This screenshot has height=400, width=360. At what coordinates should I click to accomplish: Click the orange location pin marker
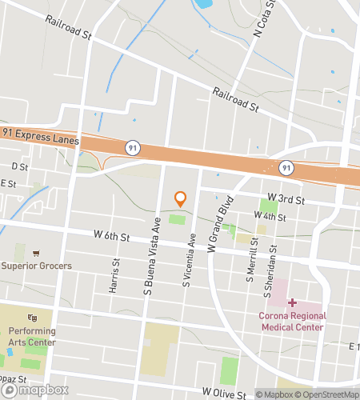click(180, 198)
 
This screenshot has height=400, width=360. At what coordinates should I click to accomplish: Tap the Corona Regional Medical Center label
click(291, 321)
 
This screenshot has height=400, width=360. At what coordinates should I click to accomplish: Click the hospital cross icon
click(292, 302)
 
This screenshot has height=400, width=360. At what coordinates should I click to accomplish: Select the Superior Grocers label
click(36, 266)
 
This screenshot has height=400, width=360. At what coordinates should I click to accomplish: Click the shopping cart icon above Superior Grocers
click(36, 253)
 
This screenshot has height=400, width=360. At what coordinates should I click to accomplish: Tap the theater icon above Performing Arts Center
click(33, 318)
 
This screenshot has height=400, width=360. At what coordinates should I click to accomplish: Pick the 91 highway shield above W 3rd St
click(284, 167)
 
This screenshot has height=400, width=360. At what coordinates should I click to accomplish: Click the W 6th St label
click(110, 235)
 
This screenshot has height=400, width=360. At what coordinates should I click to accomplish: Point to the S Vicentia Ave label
click(190, 260)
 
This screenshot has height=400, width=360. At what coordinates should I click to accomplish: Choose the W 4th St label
click(270, 216)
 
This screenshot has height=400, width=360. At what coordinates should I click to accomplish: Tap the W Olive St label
click(224, 394)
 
